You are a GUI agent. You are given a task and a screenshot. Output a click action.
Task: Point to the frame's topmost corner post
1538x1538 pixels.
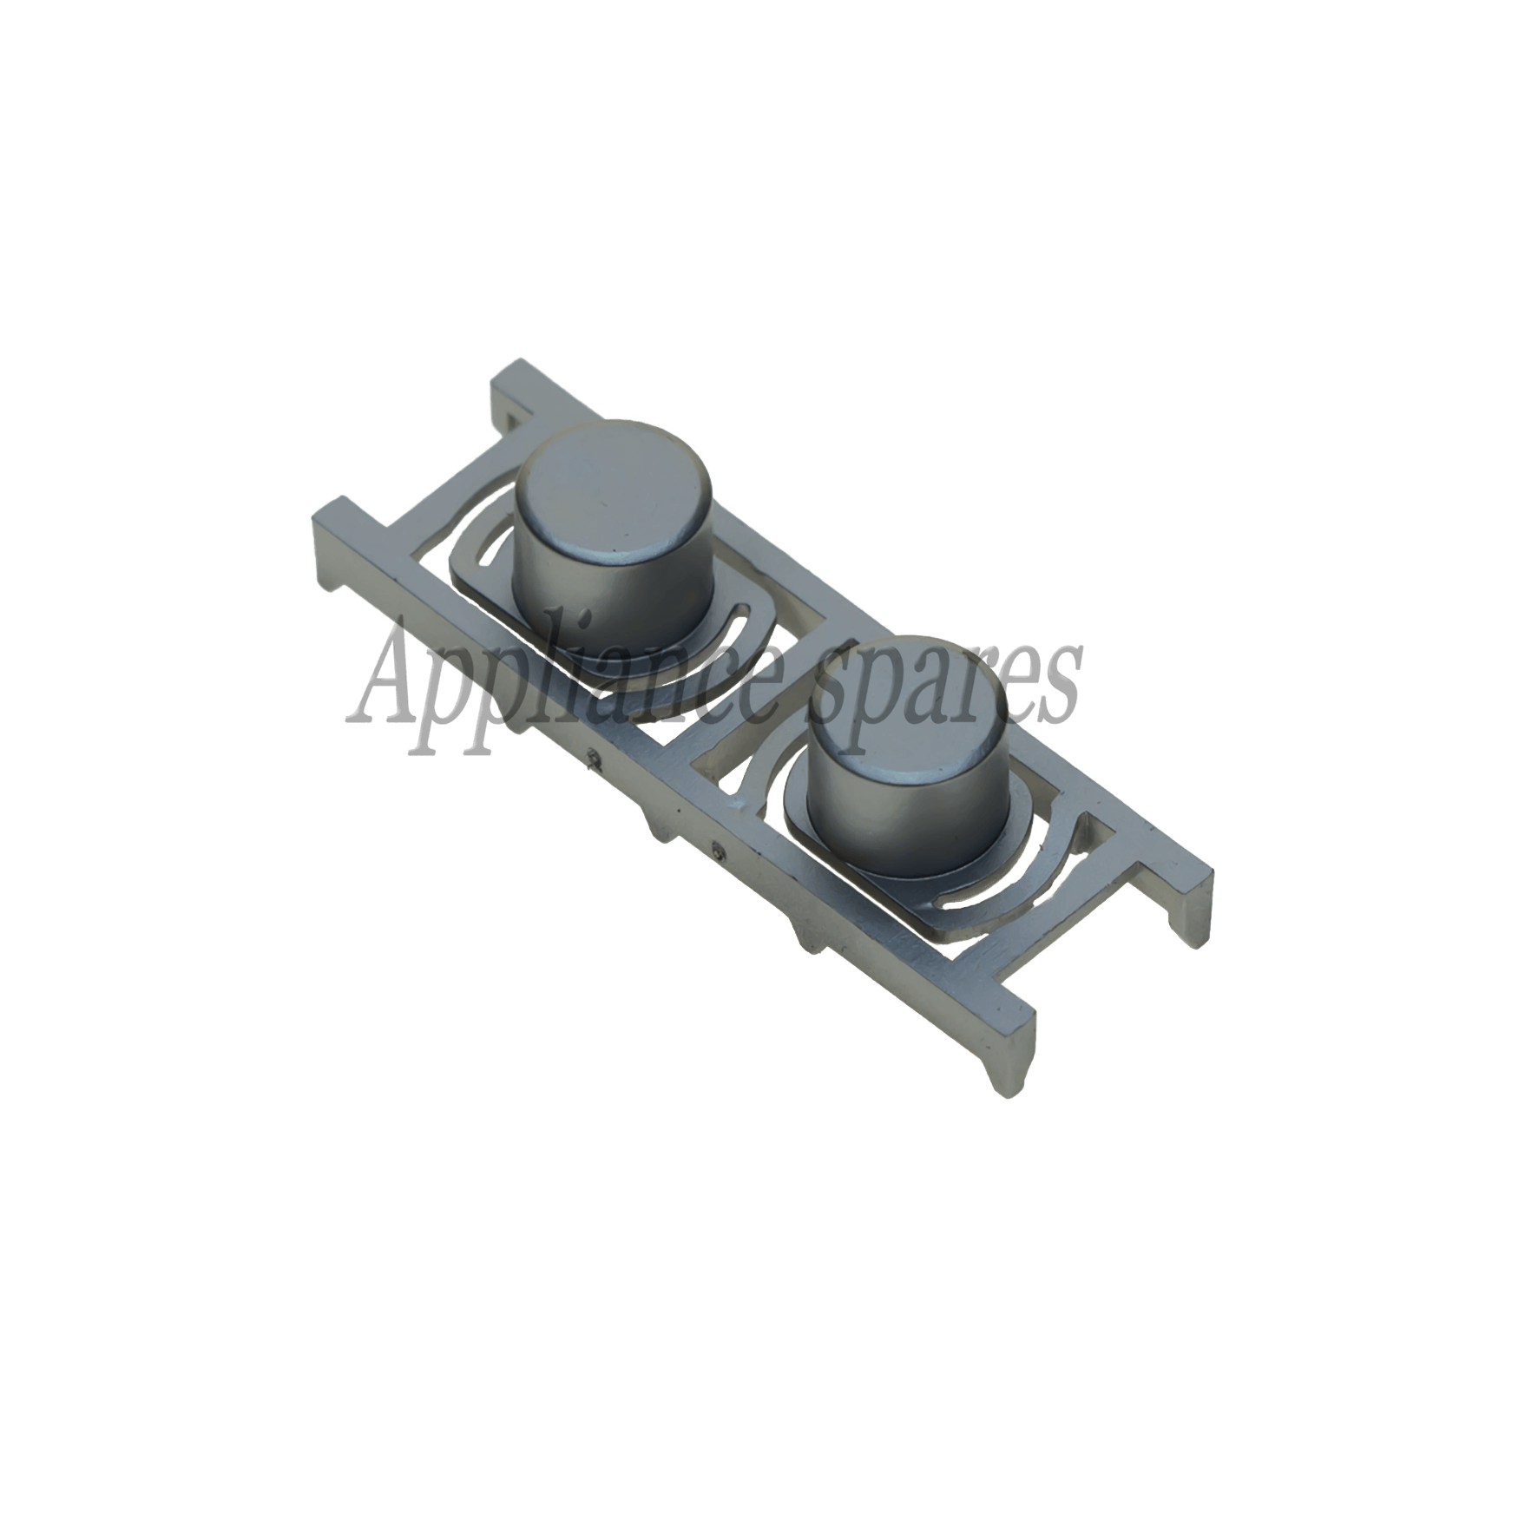click(512, 391)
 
